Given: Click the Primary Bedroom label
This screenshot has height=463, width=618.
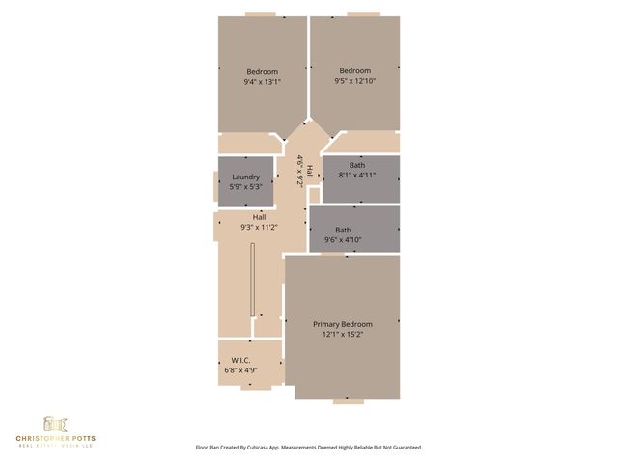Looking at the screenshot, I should (342, 324).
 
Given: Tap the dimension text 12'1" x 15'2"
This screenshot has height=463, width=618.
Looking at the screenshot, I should (342, 335).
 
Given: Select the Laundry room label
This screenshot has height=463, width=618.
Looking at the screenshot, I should (246, 177).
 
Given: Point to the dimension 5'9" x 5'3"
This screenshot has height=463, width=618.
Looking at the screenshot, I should (246, 186).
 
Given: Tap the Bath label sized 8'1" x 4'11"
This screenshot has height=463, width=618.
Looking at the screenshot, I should (357, 165).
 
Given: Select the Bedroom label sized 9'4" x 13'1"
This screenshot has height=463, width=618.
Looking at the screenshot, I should (262, 72).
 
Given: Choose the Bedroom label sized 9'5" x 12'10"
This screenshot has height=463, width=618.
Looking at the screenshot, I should (354, 71).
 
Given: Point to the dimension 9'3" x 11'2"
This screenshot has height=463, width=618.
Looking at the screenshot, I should (259, 228).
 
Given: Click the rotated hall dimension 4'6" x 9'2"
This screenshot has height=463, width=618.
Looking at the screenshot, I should (301, 170).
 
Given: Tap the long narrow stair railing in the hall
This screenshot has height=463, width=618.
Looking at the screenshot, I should (252, 280).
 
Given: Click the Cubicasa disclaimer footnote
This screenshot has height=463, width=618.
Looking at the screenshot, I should (308, 448).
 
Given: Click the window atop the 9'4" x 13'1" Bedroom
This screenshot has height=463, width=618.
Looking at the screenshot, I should (260, 14).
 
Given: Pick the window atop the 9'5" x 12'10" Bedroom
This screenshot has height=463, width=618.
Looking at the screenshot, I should (363, 14).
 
